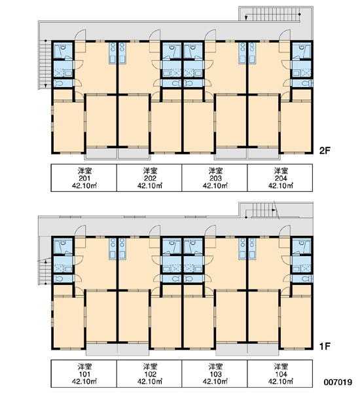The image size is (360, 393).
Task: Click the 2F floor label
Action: [x=325, y=151]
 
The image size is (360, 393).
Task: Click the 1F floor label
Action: [x=325, y=346]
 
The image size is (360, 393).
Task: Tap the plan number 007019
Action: [x=338, y=383]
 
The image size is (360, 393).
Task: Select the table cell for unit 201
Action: [x=84, y=178]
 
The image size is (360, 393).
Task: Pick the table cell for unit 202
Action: [x=149, y=178]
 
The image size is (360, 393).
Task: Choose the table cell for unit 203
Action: [x=215, y=178]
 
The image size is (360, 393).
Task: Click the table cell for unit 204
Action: [x=280, y=178]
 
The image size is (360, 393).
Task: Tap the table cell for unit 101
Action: [x=84, y=374]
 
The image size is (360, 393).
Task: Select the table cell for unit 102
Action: [x=149, y=374]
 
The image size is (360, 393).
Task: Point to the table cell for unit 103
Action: [x=215, y=374]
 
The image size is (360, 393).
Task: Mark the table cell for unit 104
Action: [x=280, y=374]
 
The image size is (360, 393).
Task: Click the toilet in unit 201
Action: [x=58, y=83]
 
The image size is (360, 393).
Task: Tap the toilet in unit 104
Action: [x=306, y=279]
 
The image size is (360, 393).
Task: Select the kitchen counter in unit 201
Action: [x=113, y=52]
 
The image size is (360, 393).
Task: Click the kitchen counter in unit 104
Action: [x=252, y=248]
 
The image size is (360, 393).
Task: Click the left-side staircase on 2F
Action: [x=45, y=64]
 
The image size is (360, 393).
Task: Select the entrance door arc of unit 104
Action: [x=285, y=230]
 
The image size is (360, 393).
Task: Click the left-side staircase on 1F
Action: [x=45, y=271]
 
